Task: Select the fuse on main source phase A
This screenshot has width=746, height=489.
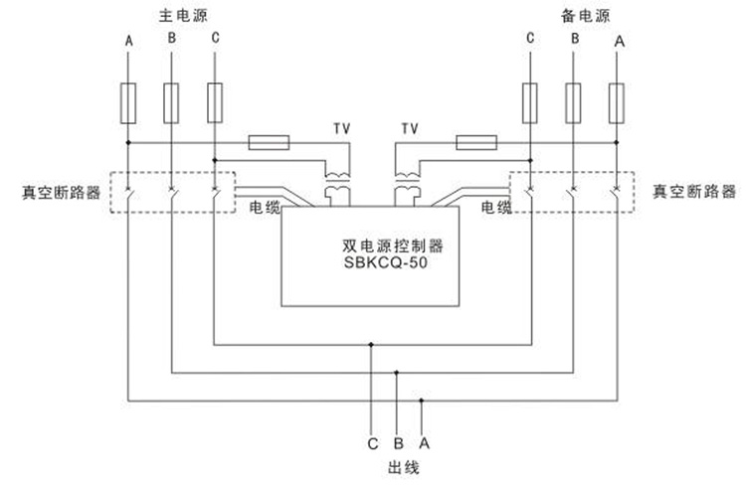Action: [128, 103]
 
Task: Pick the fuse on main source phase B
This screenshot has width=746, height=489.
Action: [171, 103]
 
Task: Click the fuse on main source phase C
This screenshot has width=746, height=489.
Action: [215, 103]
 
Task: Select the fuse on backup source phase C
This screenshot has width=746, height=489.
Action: [531, 103]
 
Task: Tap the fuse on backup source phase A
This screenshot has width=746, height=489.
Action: [617, 103]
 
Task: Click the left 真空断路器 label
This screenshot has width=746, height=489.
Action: [60, 191]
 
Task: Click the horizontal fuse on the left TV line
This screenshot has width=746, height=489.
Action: [268, 143]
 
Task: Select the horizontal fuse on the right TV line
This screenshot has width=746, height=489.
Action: [476, 143]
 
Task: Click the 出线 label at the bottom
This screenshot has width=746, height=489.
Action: [398, 466]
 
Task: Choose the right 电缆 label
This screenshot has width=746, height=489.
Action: [494, 207]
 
